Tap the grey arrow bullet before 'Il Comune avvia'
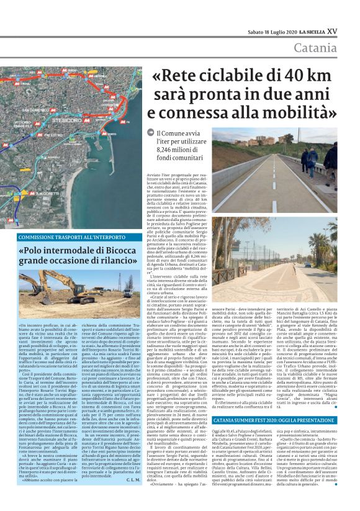pyautogui.click(x=150, y=132)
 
